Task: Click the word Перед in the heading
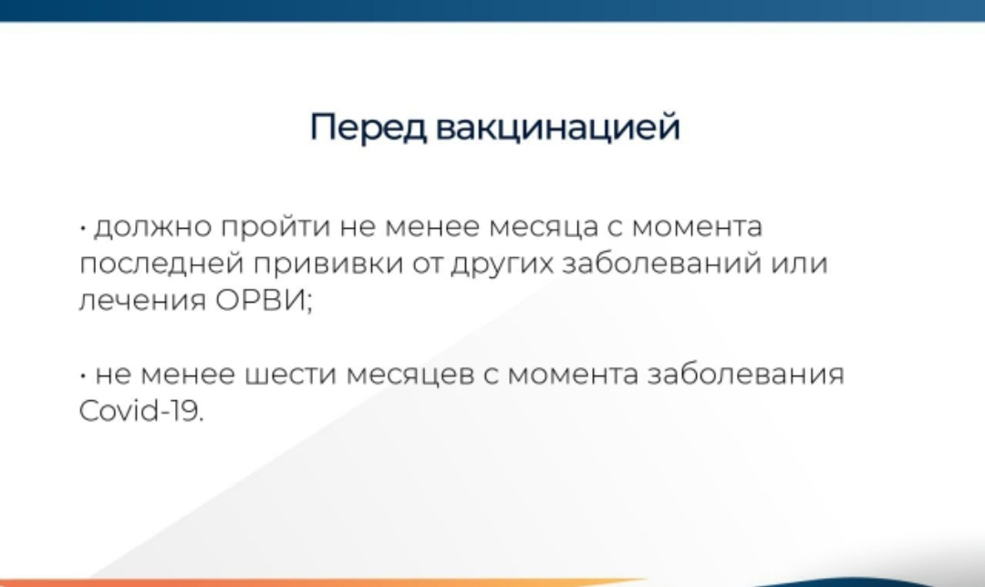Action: [368, 128]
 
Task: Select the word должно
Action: [153, 227]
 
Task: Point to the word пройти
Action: [275, 227]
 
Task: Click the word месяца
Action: [543, 228]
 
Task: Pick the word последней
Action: [161, 263]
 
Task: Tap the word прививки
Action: [328, 263]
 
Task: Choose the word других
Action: [502, 264]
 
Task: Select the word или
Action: [799, 263]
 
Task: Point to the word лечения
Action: [142, 301]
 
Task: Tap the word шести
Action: [290, 375]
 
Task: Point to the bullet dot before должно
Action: [83, 228]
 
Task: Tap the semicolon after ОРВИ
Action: [308, 303]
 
